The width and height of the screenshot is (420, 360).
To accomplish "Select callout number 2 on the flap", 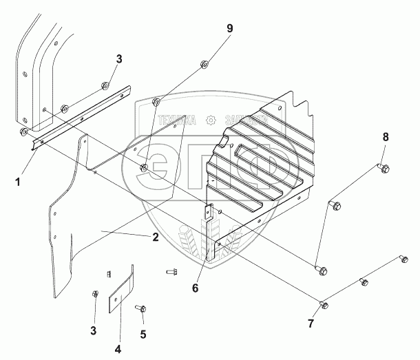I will coord(156,237).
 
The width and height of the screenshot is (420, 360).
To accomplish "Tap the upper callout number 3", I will coord(118,60).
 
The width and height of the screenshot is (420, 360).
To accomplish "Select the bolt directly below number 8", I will coord(383,167).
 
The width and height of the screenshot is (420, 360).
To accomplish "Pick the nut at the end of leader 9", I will coord(205,65).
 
